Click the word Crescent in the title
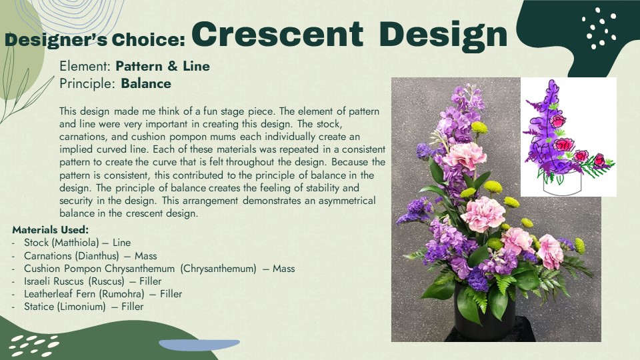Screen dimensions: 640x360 (277, 34)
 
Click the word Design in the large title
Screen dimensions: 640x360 (443, 36)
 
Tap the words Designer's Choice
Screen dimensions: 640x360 (95, 40)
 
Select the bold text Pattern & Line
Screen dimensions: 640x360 (163, 66)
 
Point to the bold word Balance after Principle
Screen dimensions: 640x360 (146, 84)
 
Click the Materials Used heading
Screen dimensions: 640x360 (50, 230)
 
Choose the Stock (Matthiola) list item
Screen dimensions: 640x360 (77, 243)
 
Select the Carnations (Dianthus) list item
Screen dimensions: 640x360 (90, 255)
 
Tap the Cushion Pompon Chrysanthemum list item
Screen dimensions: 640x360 (159, 269)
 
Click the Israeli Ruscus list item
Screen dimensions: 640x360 (93, 281)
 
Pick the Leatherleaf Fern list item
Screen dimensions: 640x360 (103, 294)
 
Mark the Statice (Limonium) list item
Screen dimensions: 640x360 (84, 307)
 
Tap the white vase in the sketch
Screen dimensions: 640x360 (561, 185)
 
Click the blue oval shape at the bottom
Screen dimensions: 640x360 (199, 345)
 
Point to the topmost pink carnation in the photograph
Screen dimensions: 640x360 (465, 155)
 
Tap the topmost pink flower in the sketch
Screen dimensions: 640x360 (558, 121)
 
